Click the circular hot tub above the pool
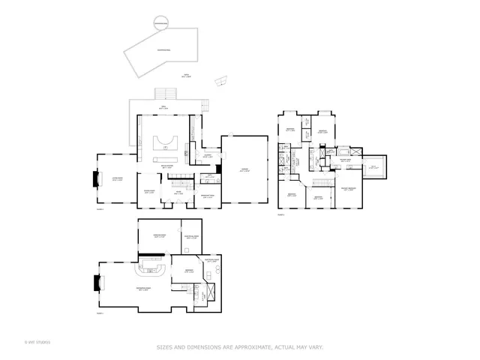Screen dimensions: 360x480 point(160,24)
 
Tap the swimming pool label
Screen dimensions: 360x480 point(161,49)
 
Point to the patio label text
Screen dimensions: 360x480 point(187,75)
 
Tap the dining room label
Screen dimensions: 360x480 point(148,193)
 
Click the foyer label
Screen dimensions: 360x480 point(179,193)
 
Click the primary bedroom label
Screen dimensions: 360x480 point(349,188)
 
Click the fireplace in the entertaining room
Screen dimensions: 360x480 point(94,283)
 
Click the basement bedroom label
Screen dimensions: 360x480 point(189,271)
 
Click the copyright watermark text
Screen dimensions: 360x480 point(37,343)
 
